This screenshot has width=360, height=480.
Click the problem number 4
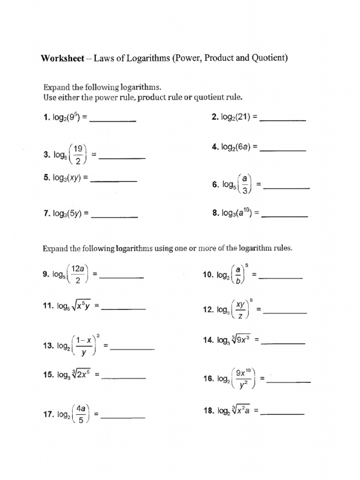(215, 147)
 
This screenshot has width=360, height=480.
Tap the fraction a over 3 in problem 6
(245, 185)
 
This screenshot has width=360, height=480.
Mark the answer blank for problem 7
(114, 217)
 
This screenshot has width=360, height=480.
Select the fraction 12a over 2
(78, 274)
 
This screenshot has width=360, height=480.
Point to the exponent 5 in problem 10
(247, 265)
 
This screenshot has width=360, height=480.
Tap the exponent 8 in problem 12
(251, 300)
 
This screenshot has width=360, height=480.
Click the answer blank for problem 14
(283, 344)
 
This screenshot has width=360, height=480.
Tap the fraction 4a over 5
(81, 414)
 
